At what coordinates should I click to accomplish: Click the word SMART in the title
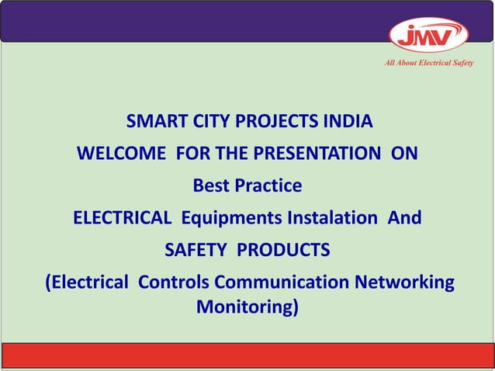[154, 122]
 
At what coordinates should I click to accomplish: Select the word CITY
[206, 122]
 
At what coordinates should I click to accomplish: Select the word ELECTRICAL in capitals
[122, 218]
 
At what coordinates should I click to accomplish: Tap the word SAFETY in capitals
[196, 250]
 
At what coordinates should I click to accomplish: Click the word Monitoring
[247, 307]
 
